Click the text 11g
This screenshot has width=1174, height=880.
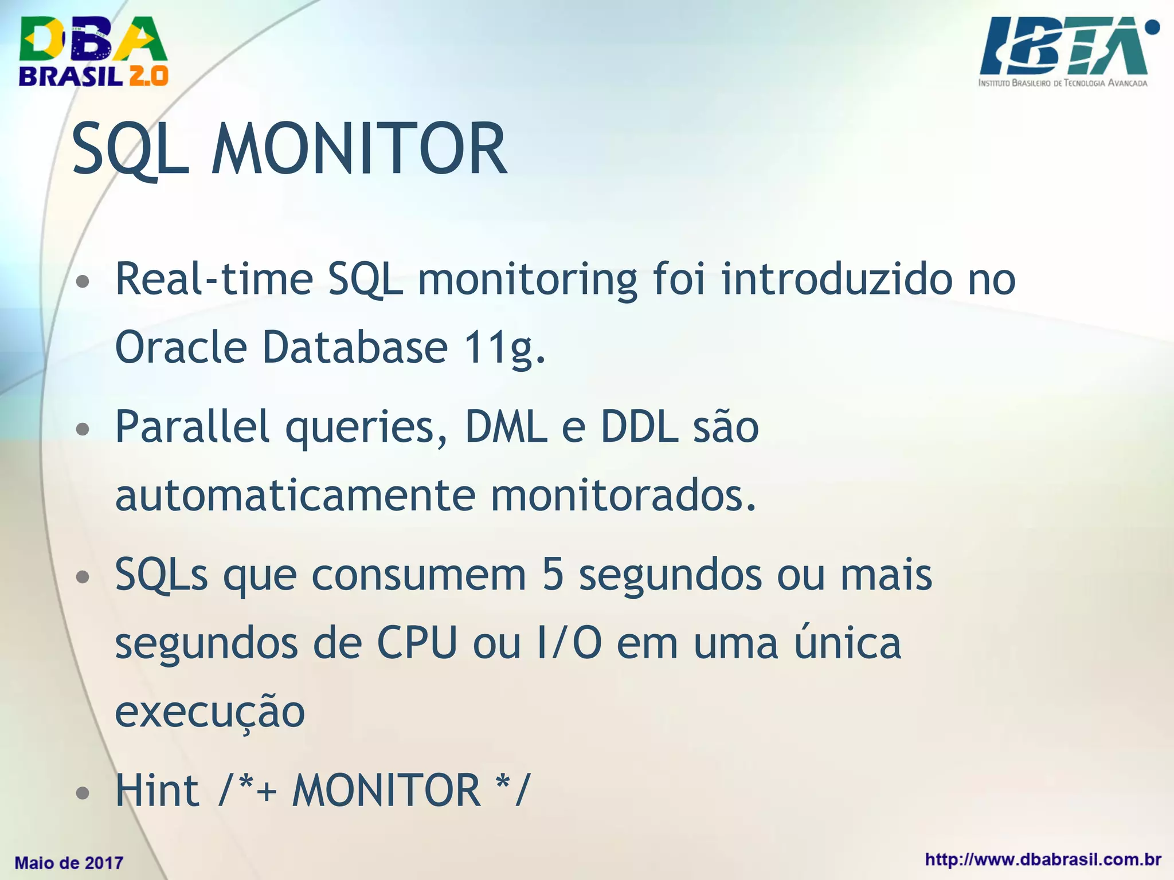click(504, 348)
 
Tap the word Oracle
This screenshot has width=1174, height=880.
click(181, 348)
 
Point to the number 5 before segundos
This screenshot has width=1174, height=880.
click(553, 575)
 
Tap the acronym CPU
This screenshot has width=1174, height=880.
click(417, 643)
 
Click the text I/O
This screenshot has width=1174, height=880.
click(570, 643)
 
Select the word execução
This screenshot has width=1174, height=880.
click(210, 712)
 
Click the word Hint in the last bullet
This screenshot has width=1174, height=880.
click(157, 791)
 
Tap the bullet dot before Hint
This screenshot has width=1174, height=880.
click(83, 793)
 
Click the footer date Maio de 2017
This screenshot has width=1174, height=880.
click(69, 863)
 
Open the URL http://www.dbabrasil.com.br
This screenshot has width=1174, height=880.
click(1043, 860)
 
